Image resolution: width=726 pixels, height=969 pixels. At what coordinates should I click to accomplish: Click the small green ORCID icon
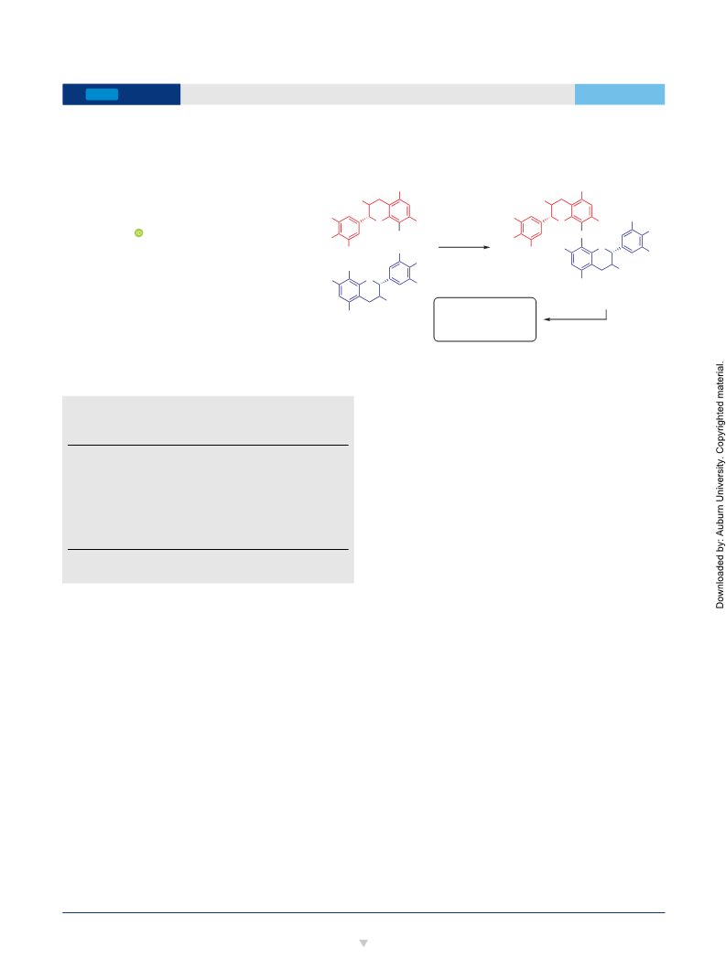pos(139,233)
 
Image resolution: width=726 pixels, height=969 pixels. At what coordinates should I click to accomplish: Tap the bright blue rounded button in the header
pos(102,94)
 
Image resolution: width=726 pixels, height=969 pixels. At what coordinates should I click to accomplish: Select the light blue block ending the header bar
pos(620,94)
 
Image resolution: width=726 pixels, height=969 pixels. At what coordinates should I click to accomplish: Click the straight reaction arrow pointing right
pos(464,247)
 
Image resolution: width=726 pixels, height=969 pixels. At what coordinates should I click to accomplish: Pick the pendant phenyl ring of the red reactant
pos(350,228)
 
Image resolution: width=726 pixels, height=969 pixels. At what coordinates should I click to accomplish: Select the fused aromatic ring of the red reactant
pos(399,210)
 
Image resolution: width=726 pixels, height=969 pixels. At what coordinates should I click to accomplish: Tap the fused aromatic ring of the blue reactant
pos(350,290)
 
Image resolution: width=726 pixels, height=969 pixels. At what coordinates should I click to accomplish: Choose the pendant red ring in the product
pos(532,228)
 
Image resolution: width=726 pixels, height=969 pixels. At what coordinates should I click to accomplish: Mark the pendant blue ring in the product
pos(632,241)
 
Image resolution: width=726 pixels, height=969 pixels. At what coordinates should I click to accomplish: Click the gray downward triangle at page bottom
pos(363,943)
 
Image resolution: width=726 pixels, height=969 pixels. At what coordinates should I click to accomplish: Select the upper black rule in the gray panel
pos(208,445)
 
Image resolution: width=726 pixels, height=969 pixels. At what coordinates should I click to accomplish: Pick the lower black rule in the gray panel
pos(208,549)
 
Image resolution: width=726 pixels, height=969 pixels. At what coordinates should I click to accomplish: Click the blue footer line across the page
pos(363,912)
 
